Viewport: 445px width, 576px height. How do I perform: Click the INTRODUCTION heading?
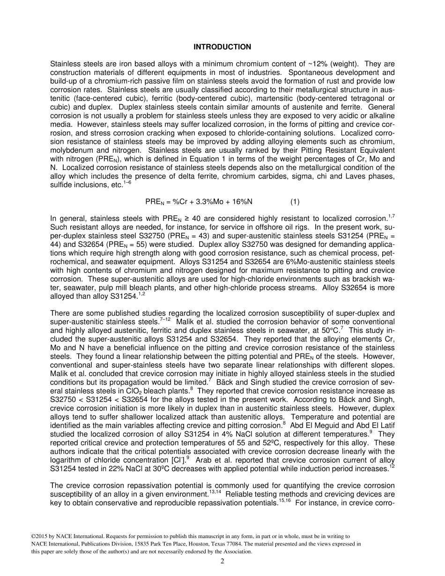[x=222, y=47]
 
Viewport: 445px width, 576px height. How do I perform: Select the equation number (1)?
[x=295, y=202]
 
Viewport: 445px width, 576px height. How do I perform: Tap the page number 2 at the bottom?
[x=222, y=561]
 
